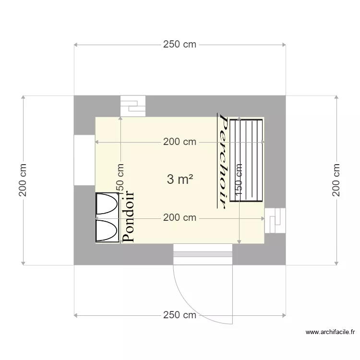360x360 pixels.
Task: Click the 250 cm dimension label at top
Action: click(x=180, y=45)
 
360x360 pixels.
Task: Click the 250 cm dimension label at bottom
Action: click(x=180, y=315)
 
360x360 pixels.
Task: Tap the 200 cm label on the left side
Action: click(x=23, y=180)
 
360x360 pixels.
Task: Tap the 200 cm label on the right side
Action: click(x=336, y=180)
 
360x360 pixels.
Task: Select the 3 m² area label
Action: click(x=180, y=180)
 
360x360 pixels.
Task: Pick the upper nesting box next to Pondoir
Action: click(x=107, y=204)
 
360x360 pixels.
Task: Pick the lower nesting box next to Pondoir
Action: click(x=107, y=230)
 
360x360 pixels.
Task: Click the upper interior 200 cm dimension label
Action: click(x=180, y=142)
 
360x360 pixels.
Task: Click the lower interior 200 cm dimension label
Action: click(x=180, y=218)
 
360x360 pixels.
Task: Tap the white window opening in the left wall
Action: click(x=84, y=160)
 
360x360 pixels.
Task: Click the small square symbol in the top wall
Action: click(x=132, y=106)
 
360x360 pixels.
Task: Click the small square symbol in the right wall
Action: click(x=275, y=221)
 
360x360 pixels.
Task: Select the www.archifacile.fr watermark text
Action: click(x=330, y=332)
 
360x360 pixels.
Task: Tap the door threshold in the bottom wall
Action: click(x=203, y=254)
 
